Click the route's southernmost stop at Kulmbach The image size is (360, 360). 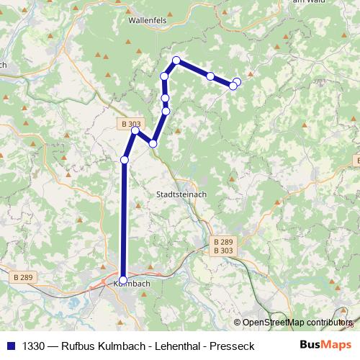(x=123, y=280)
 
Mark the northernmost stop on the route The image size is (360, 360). (x=176, y=60)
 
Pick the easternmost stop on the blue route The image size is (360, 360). (x=237, y=81)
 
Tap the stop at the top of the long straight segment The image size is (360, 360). (x=125, y=160)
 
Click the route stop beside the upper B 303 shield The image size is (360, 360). (x=135, y=130)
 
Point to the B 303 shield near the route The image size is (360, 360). (x=130, y=124)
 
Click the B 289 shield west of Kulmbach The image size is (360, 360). (x=24, y=276)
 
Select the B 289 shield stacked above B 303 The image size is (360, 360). (x=223, y=242)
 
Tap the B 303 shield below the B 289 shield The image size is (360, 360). (x=223, y=251)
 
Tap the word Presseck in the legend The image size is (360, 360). (x=231, y=346)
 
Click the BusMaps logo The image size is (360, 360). (x=325, y=345)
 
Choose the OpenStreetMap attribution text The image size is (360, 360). (x=294, y=323)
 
